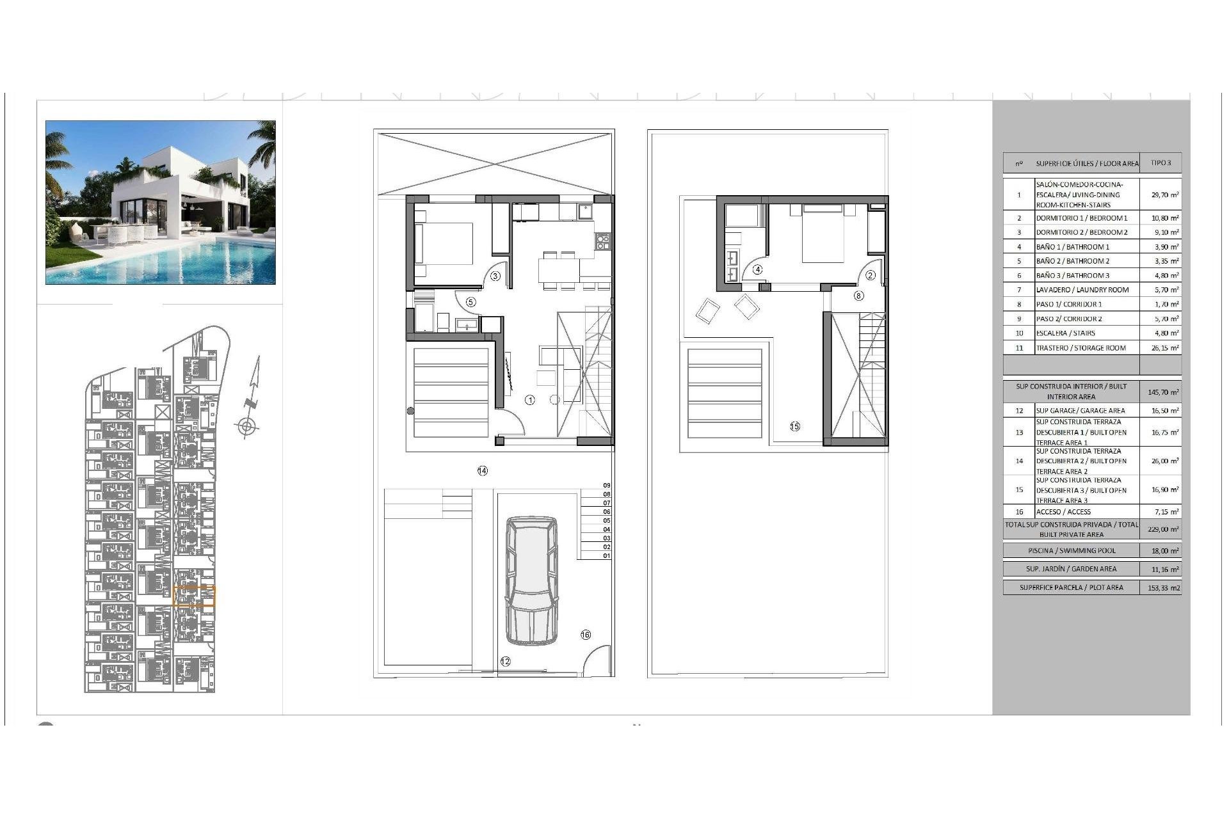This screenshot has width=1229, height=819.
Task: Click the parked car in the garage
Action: coord(531,580)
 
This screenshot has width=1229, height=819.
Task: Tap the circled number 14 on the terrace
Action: coord(482,471)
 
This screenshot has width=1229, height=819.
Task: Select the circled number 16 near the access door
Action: coord(585,635)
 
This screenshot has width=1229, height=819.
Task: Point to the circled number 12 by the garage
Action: coord(505,662)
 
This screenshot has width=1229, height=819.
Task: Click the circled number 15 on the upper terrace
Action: coord(794,427)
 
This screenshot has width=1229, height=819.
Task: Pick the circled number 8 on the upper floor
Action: coord(858,296)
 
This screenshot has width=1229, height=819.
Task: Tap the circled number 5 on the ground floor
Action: coord(470,302)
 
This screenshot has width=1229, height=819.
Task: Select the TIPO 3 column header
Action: coord(1161,163)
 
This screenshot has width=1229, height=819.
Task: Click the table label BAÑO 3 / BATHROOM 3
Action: coord(1072,276)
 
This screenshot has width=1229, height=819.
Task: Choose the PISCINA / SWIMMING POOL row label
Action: coord(1071,551)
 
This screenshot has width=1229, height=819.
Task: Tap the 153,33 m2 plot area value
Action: coord(1164,587)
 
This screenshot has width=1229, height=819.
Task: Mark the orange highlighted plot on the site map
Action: coord(195,596)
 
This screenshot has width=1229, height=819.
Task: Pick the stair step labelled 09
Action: coord(606,486)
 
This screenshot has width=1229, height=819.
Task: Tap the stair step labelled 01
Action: coord(606,556)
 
